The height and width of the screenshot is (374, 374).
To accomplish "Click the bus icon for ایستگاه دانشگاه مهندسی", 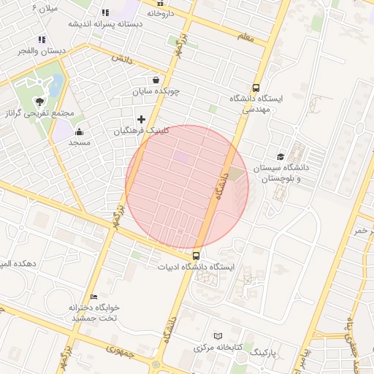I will pos(255,87).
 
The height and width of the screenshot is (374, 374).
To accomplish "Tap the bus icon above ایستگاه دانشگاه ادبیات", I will pos(196,256).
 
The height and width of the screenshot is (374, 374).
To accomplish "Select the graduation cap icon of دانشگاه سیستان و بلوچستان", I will pos(280,156).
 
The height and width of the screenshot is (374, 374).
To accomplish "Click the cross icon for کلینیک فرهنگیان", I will pos(142,119).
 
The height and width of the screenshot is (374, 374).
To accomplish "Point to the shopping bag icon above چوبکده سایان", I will pos(156,80).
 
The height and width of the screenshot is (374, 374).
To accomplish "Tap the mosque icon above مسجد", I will pos(79,131).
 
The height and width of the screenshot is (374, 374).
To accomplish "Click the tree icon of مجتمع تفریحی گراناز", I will pos(39,102).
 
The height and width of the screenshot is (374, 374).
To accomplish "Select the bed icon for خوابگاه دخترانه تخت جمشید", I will pos(93,296).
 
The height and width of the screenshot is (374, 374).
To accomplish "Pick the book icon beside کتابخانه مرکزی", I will pos(217,336).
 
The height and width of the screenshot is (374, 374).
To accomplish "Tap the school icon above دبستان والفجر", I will pos(42,39).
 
